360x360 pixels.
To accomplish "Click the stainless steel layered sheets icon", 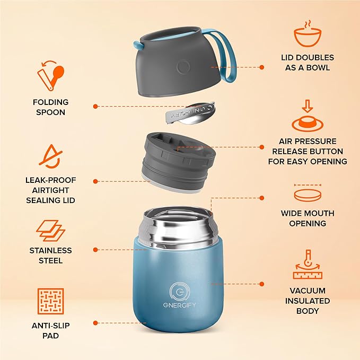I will pyautogui.click(x=51, y=231).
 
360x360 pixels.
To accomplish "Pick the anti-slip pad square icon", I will pyautogui.click(x=51, y=301).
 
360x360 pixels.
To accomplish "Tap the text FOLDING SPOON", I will pyautogui.click(x=50, y=107).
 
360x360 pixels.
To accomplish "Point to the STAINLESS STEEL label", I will pyautogui.click(x=51, y=255).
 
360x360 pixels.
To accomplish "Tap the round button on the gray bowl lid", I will pyautogui.click(x=183, y=67).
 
